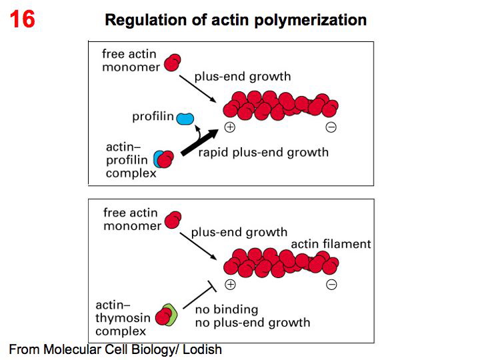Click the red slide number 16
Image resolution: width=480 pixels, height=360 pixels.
tap(21, 19)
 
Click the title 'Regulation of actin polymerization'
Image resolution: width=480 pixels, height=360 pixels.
tap(236, 19)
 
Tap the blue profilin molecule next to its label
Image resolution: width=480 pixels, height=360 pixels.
tap(185, 119)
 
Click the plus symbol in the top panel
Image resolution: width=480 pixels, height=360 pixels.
tap(231, 127)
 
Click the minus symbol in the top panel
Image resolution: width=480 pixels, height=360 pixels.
tap(331, 127)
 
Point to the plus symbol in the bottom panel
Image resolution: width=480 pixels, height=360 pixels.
tap(231, 285)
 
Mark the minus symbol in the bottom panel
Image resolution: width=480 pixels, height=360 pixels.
tap(331, 285)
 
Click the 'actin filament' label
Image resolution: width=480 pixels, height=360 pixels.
tap(331, 244)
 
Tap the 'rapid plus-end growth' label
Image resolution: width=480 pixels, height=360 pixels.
tap(263, 153)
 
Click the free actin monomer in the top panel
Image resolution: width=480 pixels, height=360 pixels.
tap(173, 62)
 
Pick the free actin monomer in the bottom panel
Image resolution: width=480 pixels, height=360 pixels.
tap(173, 219)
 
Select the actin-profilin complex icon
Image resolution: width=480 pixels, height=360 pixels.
tap(163, 159)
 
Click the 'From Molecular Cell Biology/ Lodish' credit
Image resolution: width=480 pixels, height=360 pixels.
tap(115, 349)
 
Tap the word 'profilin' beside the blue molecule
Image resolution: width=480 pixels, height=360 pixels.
tap(153, 117)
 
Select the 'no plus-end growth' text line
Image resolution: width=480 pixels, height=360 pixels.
tap(252, 323)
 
